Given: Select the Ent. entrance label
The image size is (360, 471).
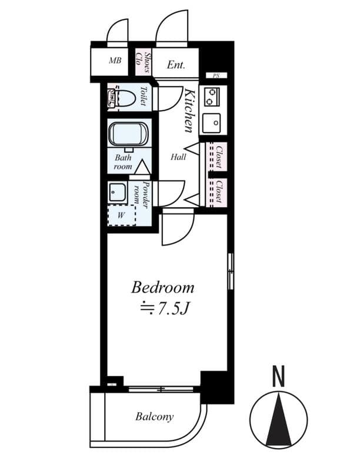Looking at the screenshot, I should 176,65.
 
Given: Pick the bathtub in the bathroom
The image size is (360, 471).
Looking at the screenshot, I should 128,135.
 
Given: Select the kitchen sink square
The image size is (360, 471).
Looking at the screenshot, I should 211,124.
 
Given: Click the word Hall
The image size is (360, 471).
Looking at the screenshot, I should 178,157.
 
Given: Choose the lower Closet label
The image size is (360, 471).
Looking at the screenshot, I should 218,192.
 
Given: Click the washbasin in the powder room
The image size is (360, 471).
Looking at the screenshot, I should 116,192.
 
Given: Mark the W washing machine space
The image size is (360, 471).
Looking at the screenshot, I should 121,215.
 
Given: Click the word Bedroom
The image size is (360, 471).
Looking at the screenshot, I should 162,288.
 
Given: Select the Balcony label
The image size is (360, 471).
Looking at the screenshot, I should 155,417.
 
